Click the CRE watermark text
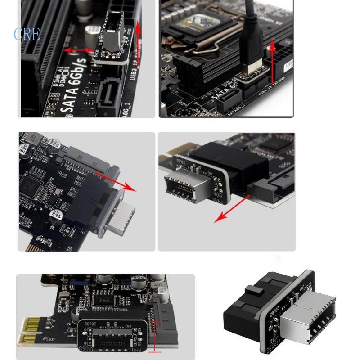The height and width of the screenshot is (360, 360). [x=27, y=34]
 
